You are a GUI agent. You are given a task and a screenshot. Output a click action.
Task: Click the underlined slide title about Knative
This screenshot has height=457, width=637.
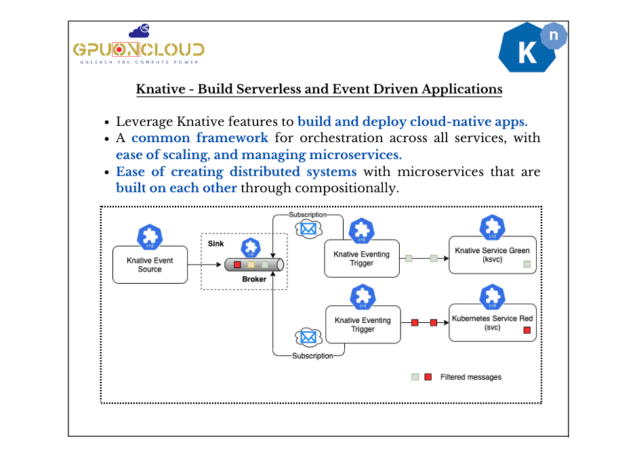[319, 89]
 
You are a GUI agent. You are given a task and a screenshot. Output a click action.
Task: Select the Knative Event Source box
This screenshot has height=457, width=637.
[150, 265]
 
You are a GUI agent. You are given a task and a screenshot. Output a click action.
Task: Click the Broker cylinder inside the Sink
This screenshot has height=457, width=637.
[255, 265]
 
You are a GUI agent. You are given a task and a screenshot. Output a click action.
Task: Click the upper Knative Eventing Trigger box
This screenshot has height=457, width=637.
[362, 259]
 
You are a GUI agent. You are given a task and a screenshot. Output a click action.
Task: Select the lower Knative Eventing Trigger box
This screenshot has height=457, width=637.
[363, 325]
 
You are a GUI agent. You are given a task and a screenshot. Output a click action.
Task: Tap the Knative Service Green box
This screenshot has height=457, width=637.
[493, 255]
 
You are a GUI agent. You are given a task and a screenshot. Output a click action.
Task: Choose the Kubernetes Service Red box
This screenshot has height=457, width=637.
[493, 323]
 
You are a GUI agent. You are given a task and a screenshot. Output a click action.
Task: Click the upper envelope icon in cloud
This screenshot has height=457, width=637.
[308, 230]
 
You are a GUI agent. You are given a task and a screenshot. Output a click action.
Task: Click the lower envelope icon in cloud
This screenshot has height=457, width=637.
[308, 336]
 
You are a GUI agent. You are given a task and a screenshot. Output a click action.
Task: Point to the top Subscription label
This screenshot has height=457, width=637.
[307, 215]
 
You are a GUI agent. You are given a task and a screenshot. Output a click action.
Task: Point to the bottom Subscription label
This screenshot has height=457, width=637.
[312, 355]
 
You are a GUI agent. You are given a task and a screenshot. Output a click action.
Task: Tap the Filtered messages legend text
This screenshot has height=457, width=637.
[470, 377]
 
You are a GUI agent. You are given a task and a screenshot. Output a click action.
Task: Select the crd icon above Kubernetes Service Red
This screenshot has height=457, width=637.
[492, 297]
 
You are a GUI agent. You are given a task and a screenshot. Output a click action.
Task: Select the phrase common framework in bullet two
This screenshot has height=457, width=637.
[199, 137]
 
